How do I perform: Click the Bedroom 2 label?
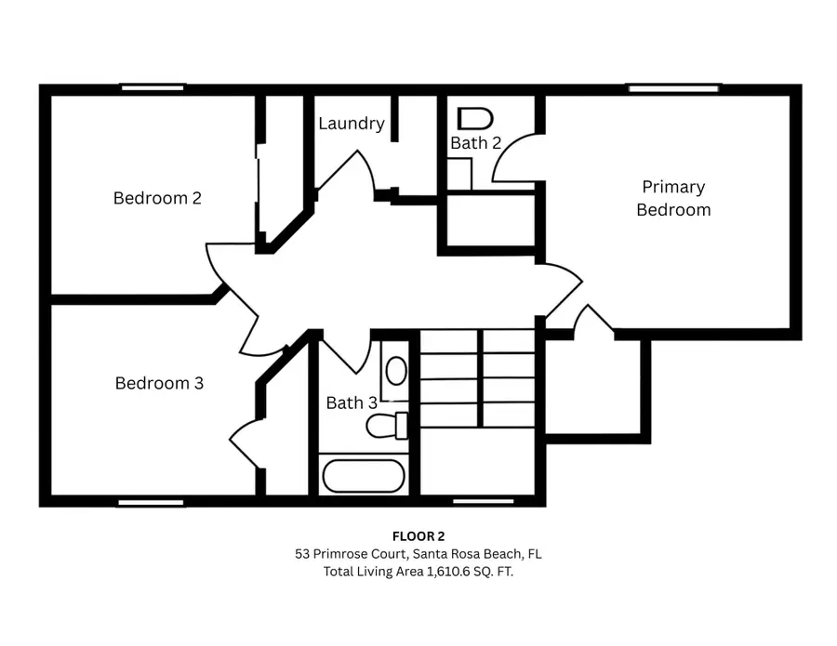pos(157,198)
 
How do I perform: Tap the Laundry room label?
pos(352,124)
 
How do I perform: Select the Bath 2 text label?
pos(476,143)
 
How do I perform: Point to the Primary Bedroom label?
pos(673,198)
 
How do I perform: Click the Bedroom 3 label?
pos(159,383)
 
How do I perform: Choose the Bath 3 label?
pos(352,403)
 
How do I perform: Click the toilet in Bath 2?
pos(475,119)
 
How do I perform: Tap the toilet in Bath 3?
pos(387,426)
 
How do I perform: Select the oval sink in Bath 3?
pos(396,371)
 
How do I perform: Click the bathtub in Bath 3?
pos(364,476)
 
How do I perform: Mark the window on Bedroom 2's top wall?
pos(153,88)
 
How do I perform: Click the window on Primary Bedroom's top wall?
pos(673,88)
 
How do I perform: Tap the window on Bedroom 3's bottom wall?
pos(151,502)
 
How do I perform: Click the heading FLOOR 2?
pos(418,535)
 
